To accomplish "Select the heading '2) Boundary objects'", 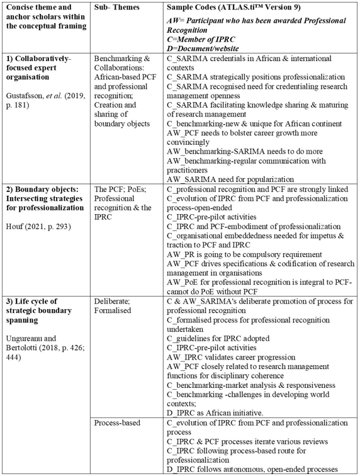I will click(x=43, y=190).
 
